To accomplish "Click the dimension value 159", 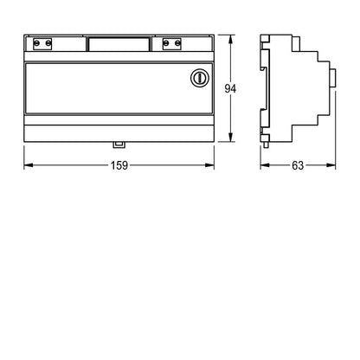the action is point(119,165).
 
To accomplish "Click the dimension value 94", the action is point(230,88).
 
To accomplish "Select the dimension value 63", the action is point(298,165).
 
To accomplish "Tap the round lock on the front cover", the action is point(200,78).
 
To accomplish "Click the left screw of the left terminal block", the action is point(36,43).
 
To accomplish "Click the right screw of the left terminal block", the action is point(48,43).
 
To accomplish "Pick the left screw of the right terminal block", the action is point(166,43).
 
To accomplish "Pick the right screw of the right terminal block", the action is point(177,43).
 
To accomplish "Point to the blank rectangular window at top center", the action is point(119,44).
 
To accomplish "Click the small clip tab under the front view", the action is point(119,145).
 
